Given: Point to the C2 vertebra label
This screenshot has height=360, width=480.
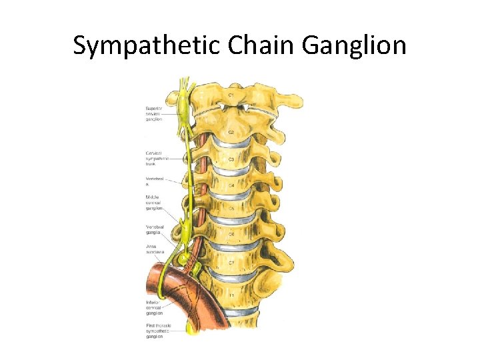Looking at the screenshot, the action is tap(231, 133).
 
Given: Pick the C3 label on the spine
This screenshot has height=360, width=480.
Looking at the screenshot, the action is tap(231, 160).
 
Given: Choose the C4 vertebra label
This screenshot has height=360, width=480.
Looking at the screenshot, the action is tap(231, 185).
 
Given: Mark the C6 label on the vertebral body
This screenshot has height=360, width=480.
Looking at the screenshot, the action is tap(231, 235).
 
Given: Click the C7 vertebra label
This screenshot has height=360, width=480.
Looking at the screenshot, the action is tap(231, 263).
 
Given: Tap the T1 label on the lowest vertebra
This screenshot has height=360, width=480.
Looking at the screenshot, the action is tap(231, 295).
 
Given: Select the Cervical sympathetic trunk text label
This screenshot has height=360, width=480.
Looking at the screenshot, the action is tap(157, 158).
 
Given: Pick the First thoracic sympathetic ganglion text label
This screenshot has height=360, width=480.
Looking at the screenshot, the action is tap(158, 331).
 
